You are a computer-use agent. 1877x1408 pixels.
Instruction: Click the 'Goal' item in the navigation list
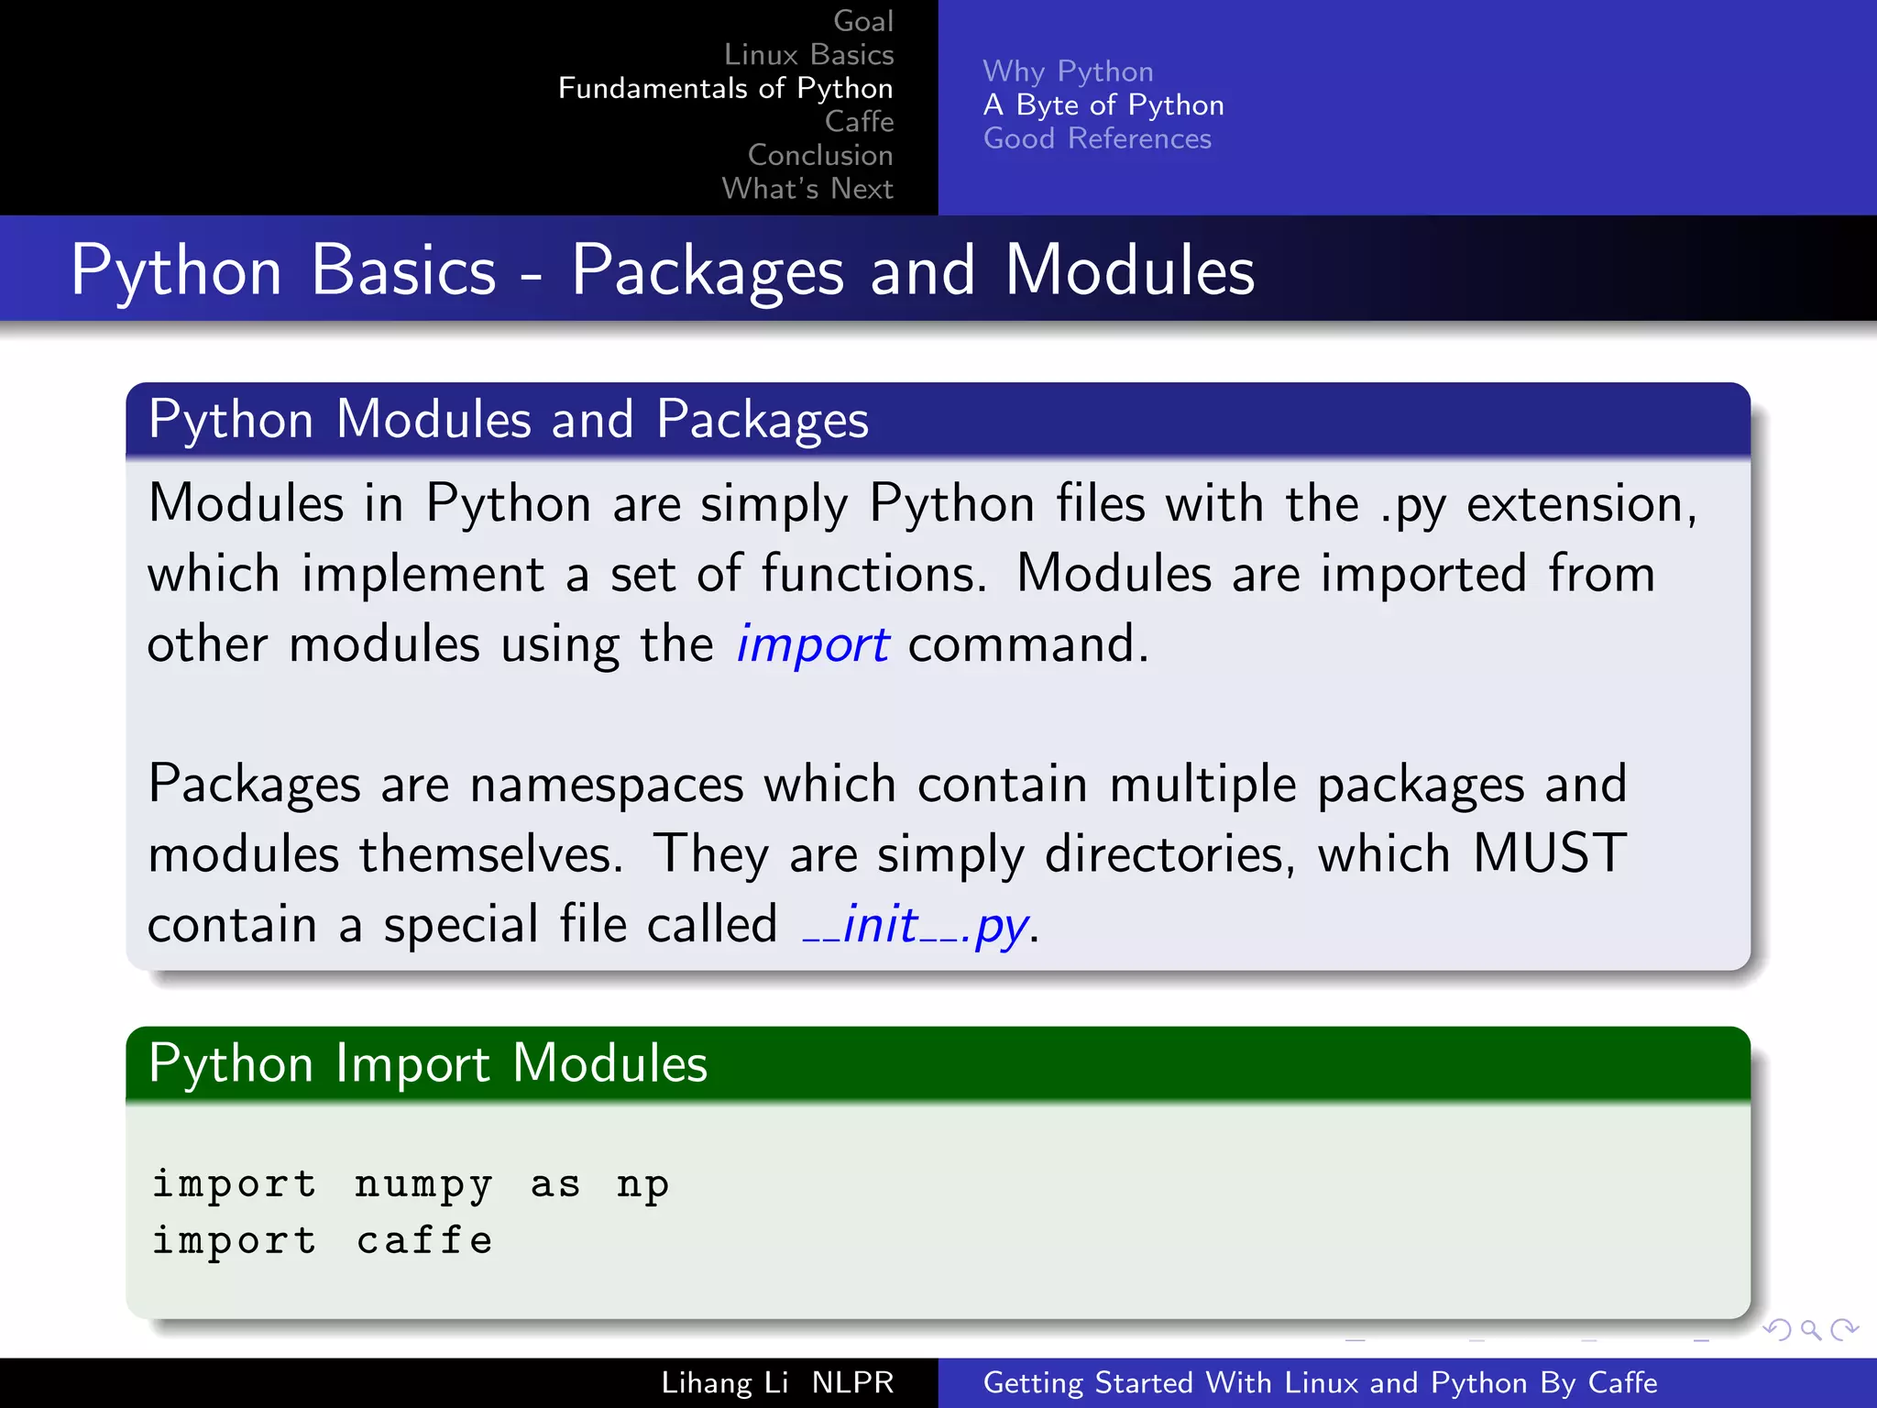click(862, 21)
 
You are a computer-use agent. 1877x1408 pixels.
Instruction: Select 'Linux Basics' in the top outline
click(808, 55)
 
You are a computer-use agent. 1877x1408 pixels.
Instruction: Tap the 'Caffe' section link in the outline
click(859, 121)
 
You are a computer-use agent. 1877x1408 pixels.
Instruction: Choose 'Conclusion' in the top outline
click(820, 155)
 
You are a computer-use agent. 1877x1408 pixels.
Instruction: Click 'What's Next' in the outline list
click(807, 189)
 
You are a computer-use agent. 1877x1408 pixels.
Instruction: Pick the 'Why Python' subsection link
click(1068, 71)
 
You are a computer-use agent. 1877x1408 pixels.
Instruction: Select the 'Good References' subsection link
click(1097, 138)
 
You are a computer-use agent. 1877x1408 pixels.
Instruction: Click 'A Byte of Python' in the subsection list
click(1103, 105)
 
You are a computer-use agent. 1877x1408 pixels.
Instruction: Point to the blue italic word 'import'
click(812, 644)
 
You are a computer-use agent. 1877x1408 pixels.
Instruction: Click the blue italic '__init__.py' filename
click(916, 925)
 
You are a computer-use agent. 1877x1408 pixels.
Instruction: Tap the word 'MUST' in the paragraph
click(1549, 854)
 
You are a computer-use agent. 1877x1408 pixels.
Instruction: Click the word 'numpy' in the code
click(423, 1184)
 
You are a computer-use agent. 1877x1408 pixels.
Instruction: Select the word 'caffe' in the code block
click(424, 1240)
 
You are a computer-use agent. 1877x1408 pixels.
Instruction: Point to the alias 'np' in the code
click(642, 1184)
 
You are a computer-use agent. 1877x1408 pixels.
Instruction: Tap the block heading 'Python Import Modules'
click(428, 1063)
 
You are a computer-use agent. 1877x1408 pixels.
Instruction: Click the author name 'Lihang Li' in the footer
click(724, 1382)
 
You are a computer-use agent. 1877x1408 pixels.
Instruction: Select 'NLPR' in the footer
click(852, 1382)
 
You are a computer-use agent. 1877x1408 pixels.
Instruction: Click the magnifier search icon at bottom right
click(1810, 1329)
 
